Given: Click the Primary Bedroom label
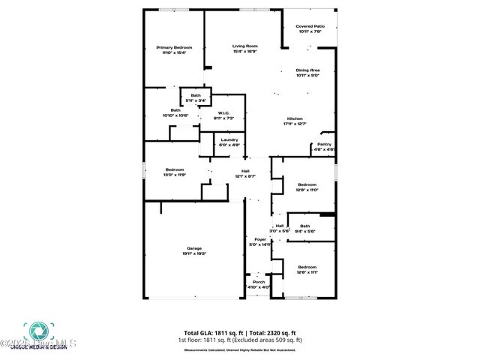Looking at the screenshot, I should (x=170, y=47).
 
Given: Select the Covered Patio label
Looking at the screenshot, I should (x=310, y=26).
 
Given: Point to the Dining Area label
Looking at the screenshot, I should (x=307, y=70).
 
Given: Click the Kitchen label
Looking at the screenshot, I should (x=295, y=119).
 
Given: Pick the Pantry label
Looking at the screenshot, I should (x=324, y=145).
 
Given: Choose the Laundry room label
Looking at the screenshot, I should (x=229, y=139).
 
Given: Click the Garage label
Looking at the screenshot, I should (x=194, y=248).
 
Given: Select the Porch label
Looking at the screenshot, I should (x=258, y=282).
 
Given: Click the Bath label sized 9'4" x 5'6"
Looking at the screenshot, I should (x=304, y=226).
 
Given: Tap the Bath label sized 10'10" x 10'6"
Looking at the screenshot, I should (x=175, y=110).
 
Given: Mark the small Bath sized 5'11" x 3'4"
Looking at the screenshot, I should (x=195, y=95).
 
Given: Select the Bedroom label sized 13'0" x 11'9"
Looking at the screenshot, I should (x=175, y=169).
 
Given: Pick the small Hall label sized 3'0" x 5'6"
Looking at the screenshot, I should (x=280, y=226).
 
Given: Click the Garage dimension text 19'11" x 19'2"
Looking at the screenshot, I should (x=194, y=254).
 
